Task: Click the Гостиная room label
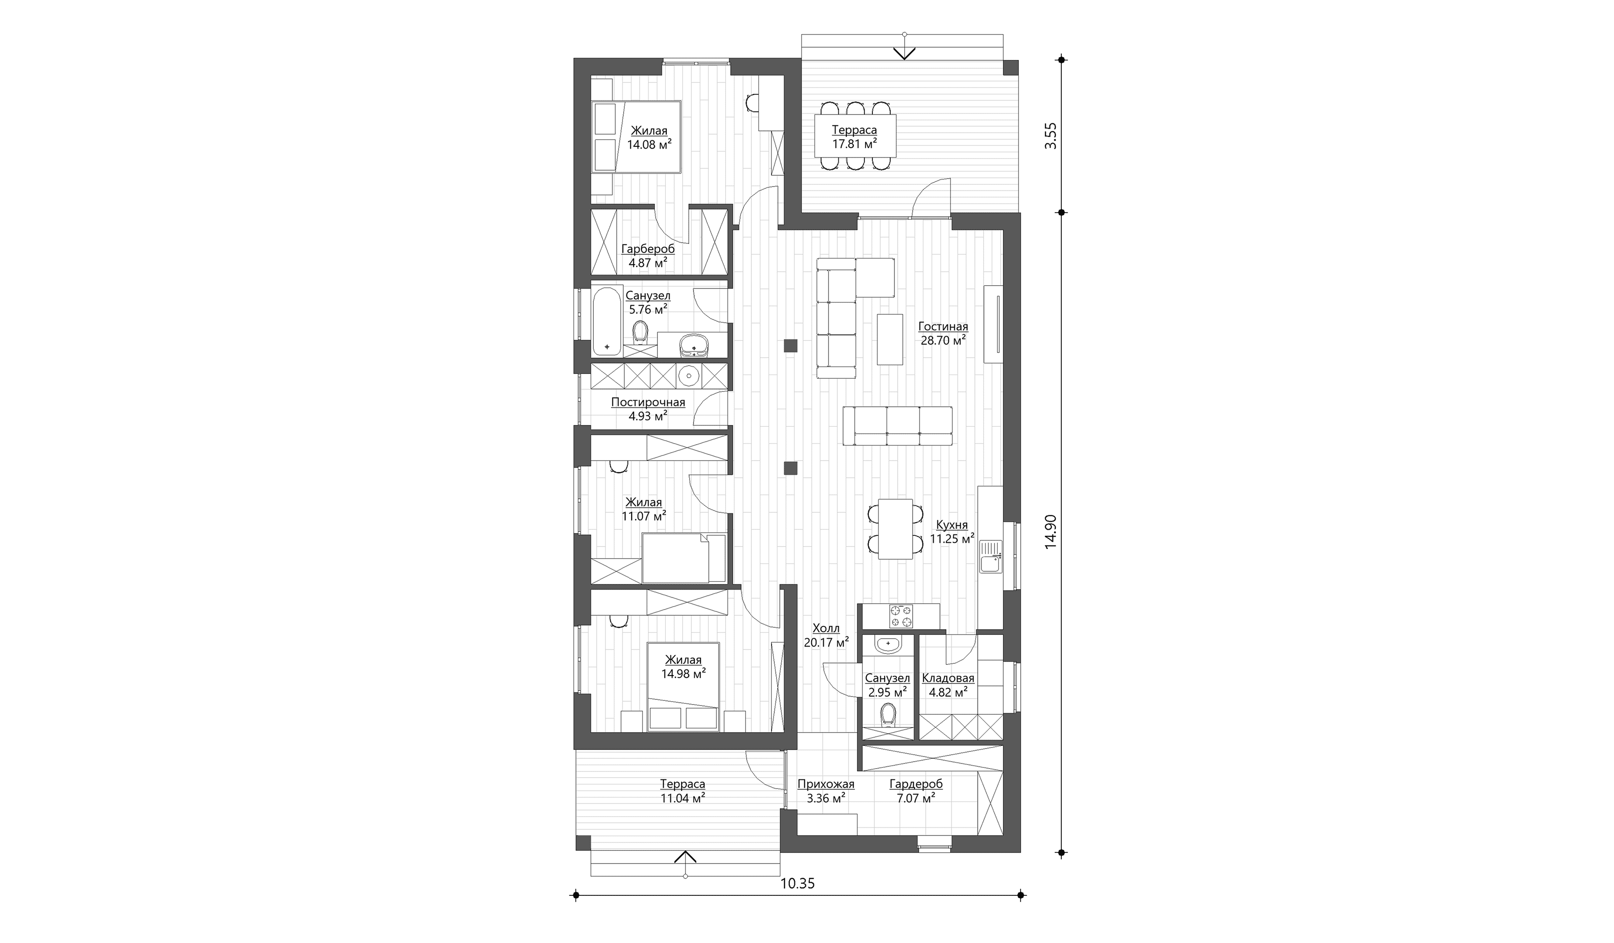[x=943, y=327]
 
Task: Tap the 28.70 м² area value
[x=943, y=341]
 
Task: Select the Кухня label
[x=952, y=525]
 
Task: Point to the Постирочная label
[x=648, y=403]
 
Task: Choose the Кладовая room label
[x=948, y=678]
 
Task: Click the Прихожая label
[x=826, y=784]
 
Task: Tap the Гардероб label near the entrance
[x=916, y=784]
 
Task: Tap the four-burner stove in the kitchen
[x=901, y=616]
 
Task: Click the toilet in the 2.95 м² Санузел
[x=888, y=715]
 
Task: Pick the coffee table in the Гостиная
[x=890, y=339]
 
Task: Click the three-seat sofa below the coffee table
[x=897, y=425]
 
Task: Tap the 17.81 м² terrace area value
[x=854, y=144]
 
